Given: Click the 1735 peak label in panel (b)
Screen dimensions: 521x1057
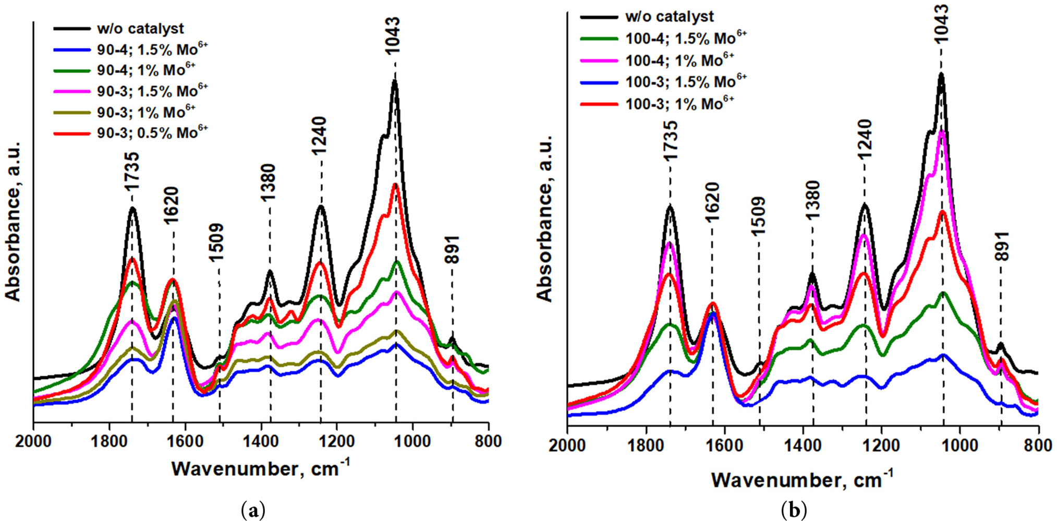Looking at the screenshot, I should pos(670,141).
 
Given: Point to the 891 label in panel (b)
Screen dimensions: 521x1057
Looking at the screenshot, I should pos(1001,247).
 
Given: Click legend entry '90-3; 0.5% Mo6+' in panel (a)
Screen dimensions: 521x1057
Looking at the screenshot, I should pos(152,133).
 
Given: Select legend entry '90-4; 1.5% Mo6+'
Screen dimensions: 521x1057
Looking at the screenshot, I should pos(152,49).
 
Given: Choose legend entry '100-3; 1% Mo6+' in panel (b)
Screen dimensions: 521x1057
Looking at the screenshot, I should pos(679,104).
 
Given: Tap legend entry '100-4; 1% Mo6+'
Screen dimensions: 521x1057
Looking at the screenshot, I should pos(679,60).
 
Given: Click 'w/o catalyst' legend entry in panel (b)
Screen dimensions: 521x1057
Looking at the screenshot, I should pos(669,17).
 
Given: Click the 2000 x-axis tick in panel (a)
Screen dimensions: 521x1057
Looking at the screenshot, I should pos(33,441).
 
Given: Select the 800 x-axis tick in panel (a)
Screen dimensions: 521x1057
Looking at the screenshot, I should pos(488,441).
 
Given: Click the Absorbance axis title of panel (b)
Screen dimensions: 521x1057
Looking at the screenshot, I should pos(544,219).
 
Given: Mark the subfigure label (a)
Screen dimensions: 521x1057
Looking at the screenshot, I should pos(254,510).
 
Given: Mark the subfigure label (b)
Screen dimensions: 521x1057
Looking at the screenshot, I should pos(794,510).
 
